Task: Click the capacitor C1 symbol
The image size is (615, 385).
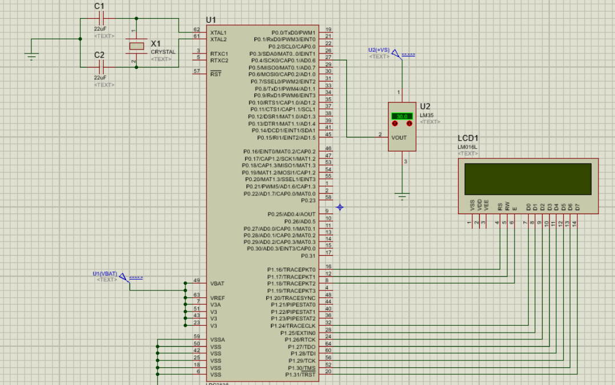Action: (100, 18)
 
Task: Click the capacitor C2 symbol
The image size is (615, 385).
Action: (100, 67)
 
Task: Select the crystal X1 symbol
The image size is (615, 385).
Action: (136, 46)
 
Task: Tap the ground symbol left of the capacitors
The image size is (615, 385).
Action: (31, 55)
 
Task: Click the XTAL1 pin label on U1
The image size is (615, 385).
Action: (219, 32)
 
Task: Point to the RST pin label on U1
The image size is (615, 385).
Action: (216, 74)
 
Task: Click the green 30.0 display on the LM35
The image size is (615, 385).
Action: (402, 116)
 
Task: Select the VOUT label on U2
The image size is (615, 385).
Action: (399, 138)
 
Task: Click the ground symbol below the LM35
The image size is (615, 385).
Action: (403, 197)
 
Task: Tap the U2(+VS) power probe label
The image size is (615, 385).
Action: (379, 50)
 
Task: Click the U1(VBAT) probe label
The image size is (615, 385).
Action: (104, 274)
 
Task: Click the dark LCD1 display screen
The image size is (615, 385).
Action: (528, 179)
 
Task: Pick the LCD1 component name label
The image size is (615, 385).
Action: (468, 138)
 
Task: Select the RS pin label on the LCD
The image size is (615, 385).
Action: (500, 207)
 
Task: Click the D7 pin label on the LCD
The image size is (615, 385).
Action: (577, 207)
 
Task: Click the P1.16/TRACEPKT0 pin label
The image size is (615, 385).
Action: (292, 269)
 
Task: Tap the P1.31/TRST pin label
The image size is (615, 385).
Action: (300, 374)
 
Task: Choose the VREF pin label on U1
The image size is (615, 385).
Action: (217, 298)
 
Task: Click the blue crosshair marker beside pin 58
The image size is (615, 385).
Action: (340, 207)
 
